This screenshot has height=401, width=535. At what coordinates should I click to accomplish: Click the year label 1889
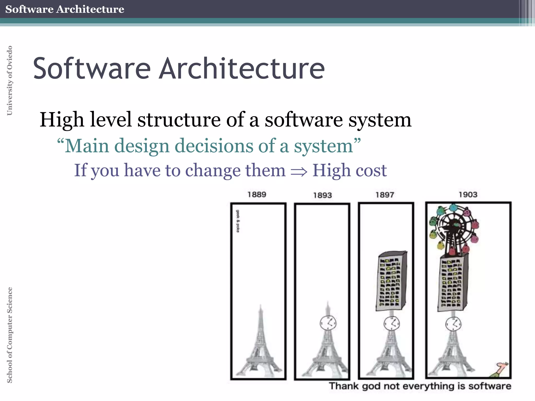(257, 194)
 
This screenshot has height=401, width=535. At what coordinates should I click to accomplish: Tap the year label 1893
(322, 195)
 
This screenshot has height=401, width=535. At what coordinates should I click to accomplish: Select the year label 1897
(385, 195)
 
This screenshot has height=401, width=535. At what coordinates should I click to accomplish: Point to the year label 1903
(468, 194)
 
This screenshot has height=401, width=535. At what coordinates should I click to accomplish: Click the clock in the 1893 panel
(328, 323)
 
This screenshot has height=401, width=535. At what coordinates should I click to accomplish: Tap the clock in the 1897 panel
(392, 324)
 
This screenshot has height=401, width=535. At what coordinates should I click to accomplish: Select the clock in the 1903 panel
(453, 324)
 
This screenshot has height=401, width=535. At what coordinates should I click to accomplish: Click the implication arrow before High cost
(299, 171)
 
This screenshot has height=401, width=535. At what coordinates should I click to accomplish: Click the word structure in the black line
(179, 120)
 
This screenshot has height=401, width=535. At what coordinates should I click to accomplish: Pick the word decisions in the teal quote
(214, 146)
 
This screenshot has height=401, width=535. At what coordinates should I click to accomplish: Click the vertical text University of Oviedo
(9, 80)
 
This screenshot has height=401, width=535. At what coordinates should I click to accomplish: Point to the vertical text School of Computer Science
(9, 335)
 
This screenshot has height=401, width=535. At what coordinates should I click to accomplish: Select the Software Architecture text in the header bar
(65, 9)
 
